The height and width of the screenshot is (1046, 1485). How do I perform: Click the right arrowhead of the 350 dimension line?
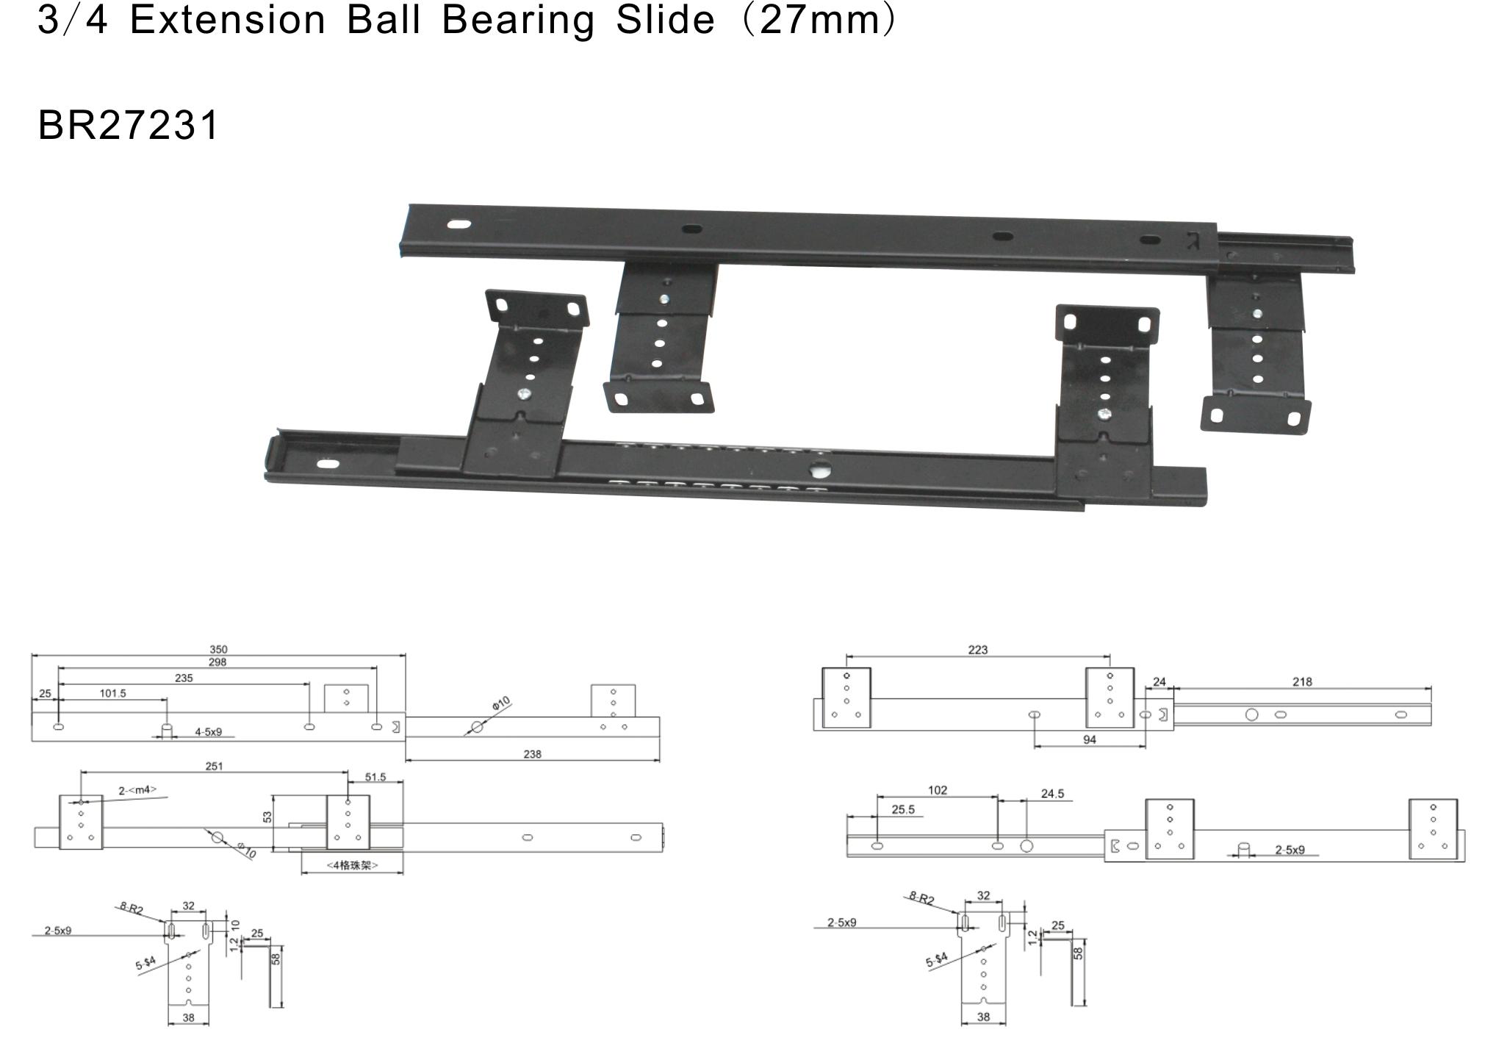(404, 655)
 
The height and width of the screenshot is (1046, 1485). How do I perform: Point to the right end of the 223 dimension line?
(1110, 656)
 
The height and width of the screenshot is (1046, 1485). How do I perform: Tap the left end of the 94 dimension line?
(1034, 747)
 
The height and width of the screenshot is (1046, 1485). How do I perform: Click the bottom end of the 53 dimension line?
(273, 851)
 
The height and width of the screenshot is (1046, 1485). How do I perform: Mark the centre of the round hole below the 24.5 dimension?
(1026, 845)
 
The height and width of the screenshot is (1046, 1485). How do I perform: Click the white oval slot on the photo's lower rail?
(327, 464)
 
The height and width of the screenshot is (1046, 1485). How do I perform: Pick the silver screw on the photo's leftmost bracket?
(525, 395)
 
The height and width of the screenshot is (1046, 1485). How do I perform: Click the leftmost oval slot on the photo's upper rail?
(459, 224)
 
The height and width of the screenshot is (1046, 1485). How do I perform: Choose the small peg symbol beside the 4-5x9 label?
(167, 731)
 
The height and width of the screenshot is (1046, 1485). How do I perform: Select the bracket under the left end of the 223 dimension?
(846, 698)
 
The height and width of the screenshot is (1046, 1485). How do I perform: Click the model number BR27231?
(128, 125)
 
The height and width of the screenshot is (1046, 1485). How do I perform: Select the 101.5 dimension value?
(112, 693)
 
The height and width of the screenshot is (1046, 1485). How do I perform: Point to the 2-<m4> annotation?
(137, 790)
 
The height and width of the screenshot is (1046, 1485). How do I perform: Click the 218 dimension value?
(1302, 682)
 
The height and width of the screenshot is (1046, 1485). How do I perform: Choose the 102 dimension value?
(938, 790)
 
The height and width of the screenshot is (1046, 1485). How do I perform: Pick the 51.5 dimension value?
(375, 777)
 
